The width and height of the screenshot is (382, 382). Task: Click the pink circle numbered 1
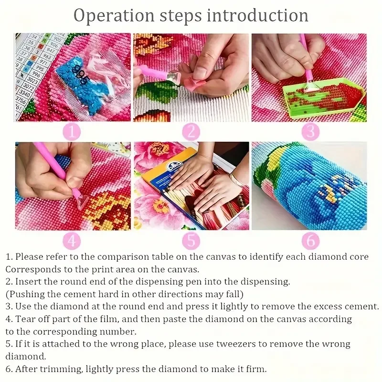tap(72, 132)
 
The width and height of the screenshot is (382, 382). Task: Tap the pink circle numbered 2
tap(191, 132)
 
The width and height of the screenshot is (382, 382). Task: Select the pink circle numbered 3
tap(311, 132)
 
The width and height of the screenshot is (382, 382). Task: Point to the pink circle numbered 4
tap(72, 241)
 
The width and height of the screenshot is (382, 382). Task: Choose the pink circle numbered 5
tap(191, 241)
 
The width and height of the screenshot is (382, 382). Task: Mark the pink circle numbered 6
tap(311, 241)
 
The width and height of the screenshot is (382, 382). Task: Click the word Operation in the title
tap(114, 16)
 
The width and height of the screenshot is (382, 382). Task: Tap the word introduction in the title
tap(257, 15)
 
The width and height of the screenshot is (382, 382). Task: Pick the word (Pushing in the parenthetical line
tap(25, 294)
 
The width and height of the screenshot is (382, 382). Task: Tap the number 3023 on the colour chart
tap(32, 80)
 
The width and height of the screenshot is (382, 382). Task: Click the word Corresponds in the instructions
tap(32, 270)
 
